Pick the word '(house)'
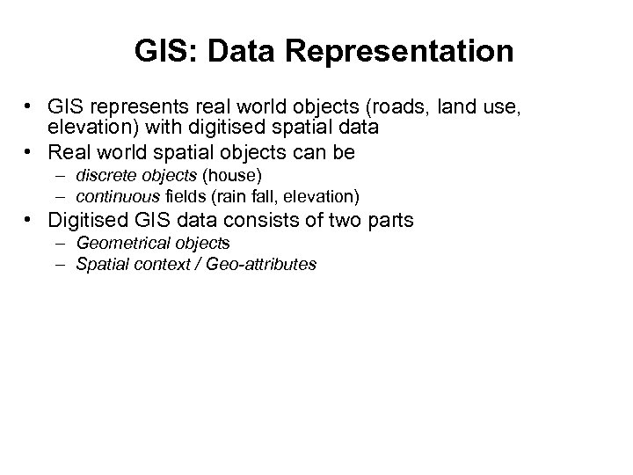pos(231,176)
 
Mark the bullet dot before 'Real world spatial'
pos(30,151)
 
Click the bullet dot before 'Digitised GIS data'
pos(30,218)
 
